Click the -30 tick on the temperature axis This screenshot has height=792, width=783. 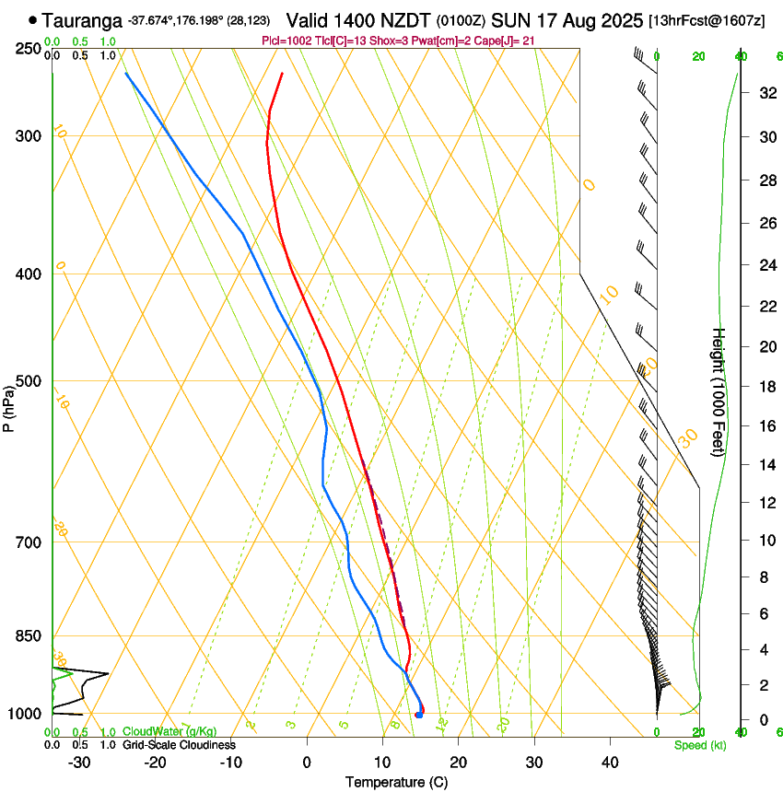pyautogui.click(x=79, y=762)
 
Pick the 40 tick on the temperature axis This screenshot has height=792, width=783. pyautogui.click(x=610, y=762)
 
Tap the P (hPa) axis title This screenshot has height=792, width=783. pyautogui.click(x=8, y=405)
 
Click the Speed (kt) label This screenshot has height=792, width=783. pyautogui.click(x=699, y=745)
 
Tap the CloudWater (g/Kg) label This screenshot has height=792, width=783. pyautogui.click(x=169, y=732)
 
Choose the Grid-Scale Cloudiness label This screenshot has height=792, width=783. pyautogui.click(x=179, y=745)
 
